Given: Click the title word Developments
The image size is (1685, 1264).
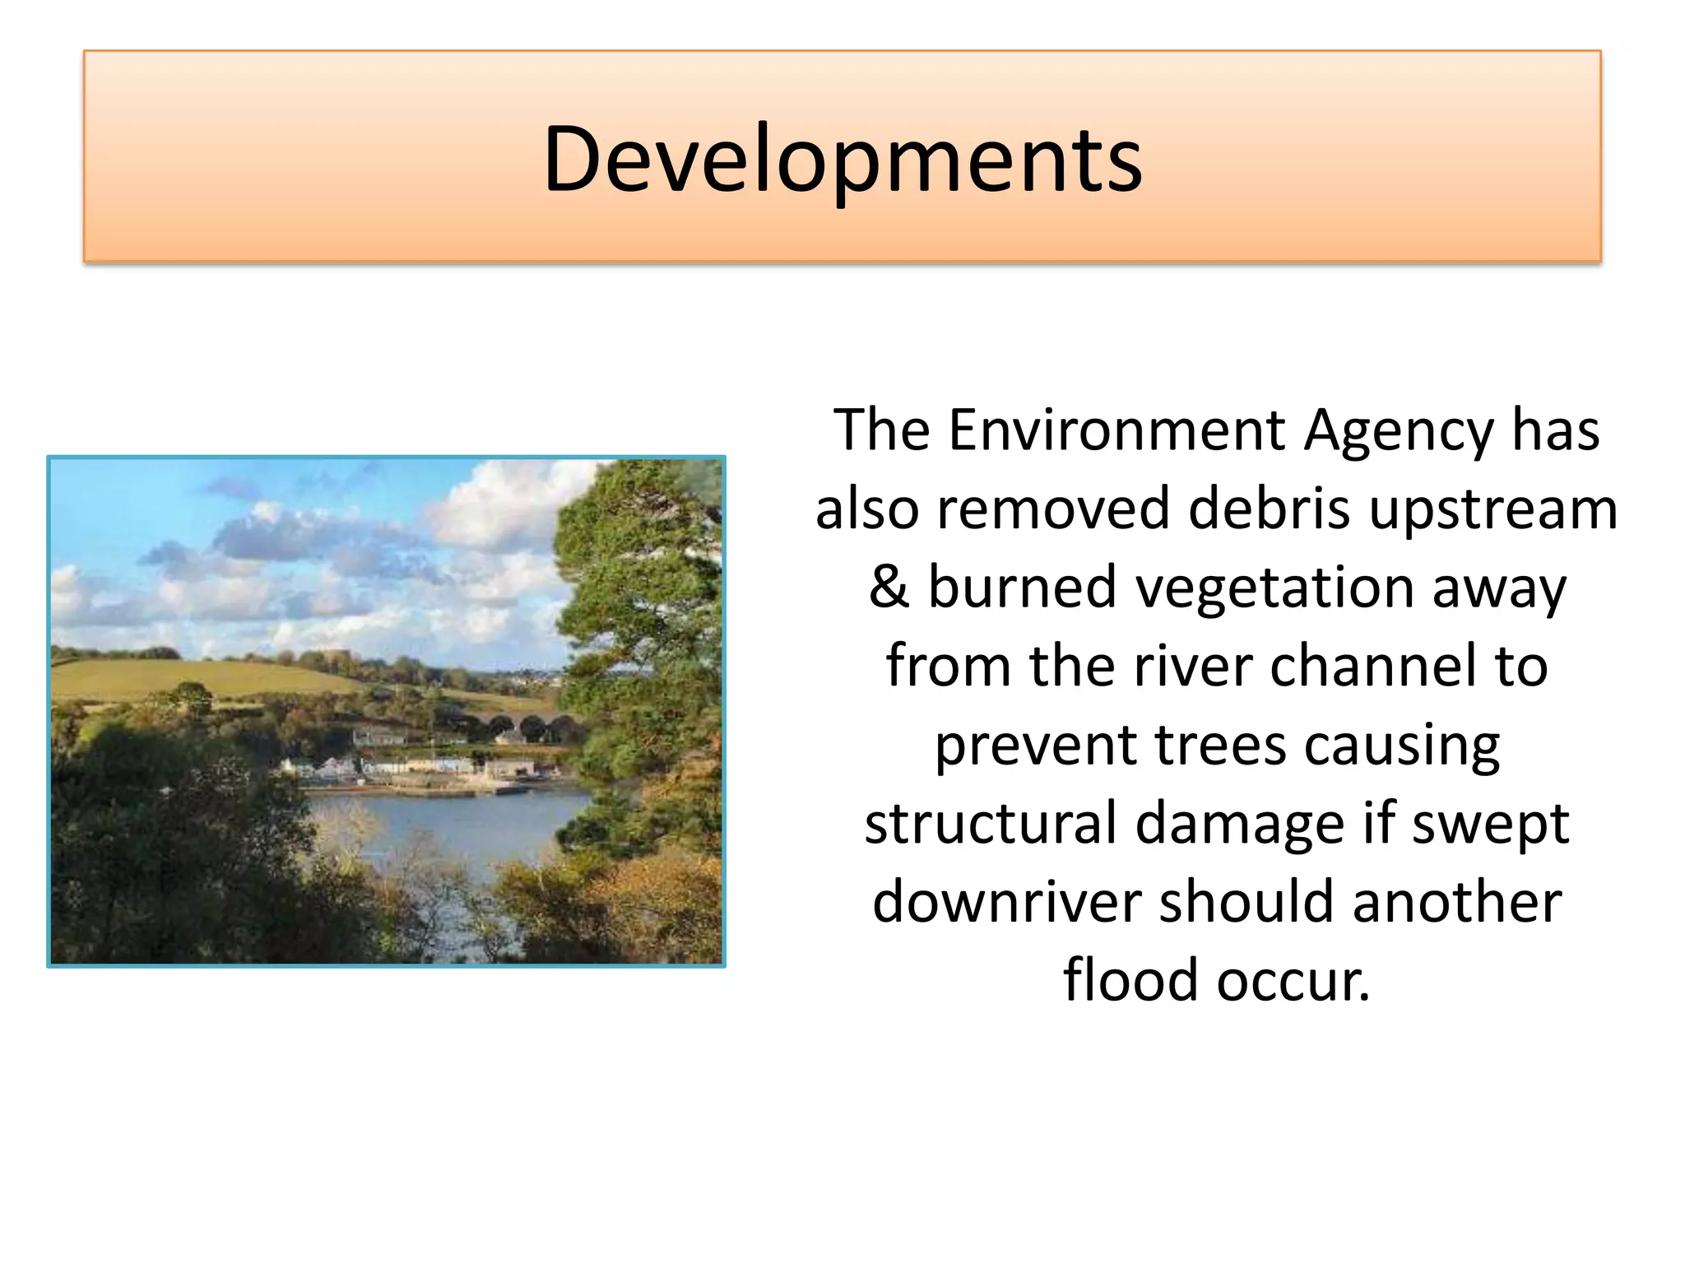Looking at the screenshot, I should (x=842, y=159).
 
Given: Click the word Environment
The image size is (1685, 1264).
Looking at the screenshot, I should (x=1116, y=430).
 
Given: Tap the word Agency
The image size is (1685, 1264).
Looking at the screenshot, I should (x=1399, y=431).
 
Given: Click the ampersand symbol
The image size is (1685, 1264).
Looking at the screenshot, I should (x=889, y=587).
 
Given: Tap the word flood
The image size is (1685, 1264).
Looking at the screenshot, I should (x=1131, y=980).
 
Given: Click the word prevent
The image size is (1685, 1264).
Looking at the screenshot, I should (x=1035, y=746).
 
